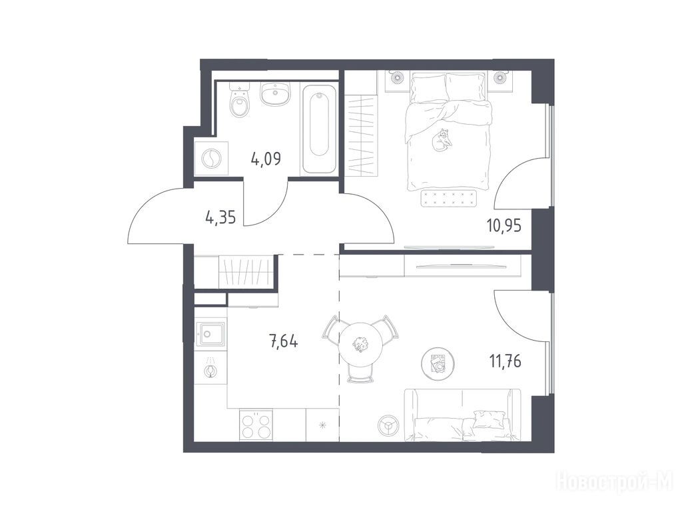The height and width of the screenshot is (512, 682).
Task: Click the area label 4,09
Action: [266, 159]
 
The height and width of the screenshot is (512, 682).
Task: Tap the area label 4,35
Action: [220, 217]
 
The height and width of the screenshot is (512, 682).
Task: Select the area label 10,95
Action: [504, 226]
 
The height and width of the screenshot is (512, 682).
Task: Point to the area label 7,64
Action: [284, 341]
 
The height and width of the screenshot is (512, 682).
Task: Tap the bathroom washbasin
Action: [275, 94]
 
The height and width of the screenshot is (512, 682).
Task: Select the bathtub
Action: [319, 129]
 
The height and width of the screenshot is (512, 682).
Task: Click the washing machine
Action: [211, 159]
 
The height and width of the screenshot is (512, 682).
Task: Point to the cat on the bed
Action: [442, 139]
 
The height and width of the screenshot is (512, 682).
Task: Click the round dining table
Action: [361, 343]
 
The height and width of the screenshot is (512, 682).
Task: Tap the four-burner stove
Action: [256, 425]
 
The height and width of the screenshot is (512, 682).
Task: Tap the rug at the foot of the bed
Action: [448, 199]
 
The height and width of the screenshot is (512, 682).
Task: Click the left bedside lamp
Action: [397, 77]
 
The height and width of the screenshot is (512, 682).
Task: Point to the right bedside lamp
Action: [500, 77]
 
